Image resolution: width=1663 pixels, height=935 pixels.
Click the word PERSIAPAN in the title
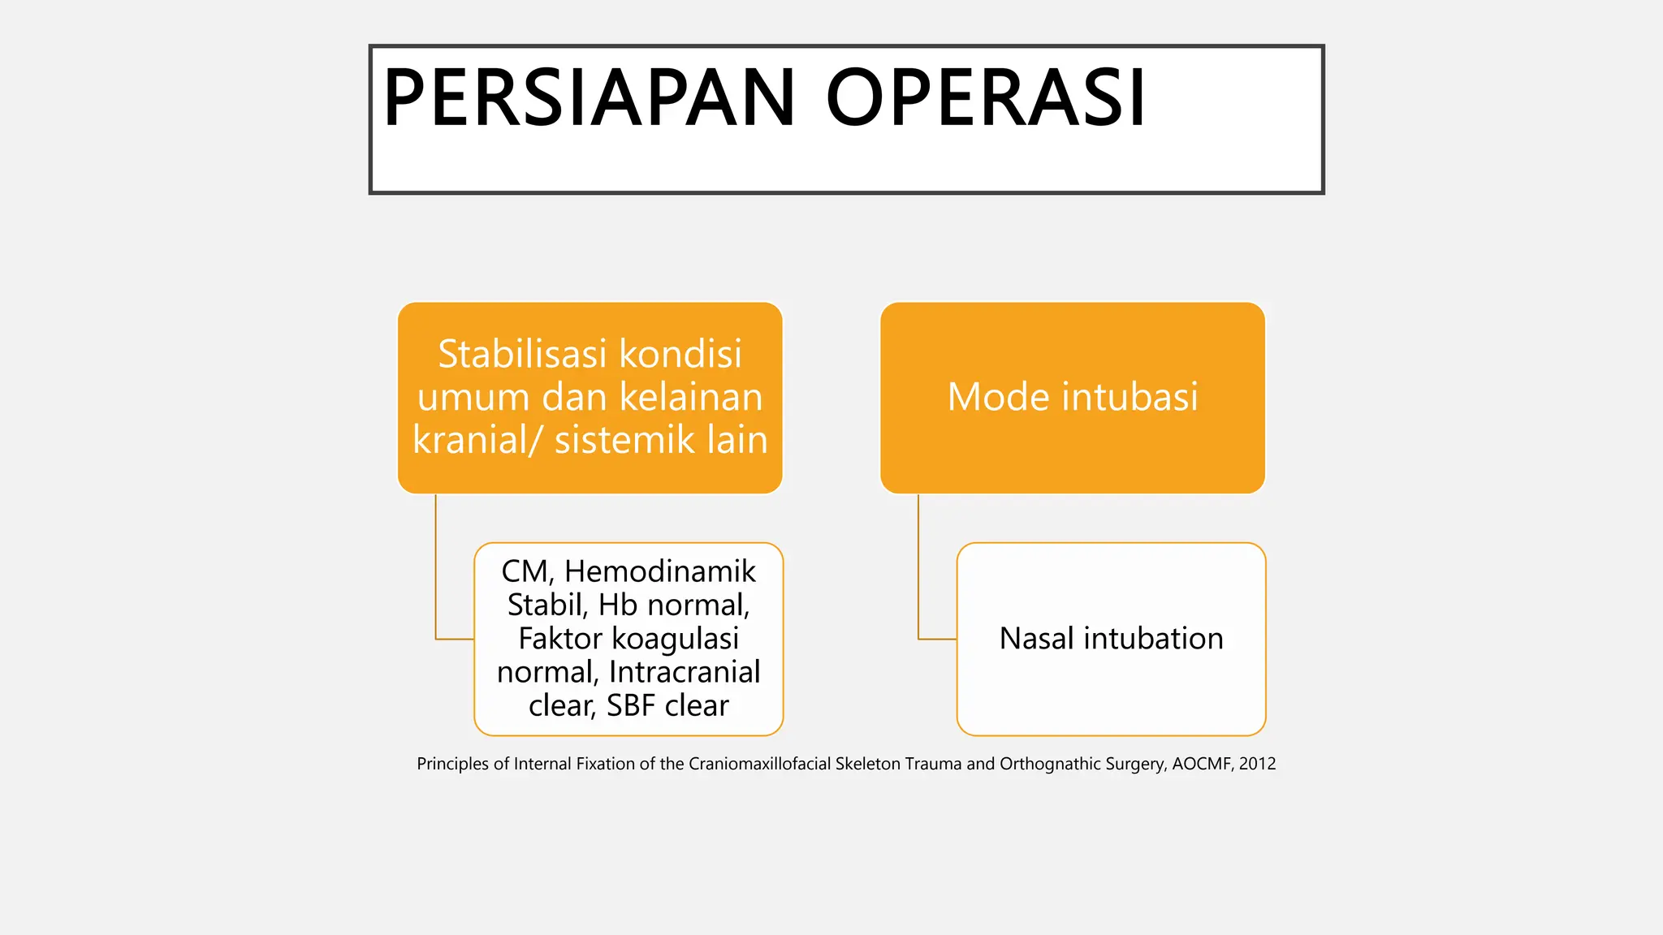[589, 98]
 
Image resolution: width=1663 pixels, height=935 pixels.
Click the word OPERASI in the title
[985, 98]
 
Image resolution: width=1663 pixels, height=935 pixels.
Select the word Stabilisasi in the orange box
[521, 354]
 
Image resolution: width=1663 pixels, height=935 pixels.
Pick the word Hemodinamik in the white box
[659, 571]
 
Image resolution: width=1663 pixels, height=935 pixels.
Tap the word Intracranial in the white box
[685, 672]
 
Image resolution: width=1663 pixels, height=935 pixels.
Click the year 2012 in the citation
[1257, 764]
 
